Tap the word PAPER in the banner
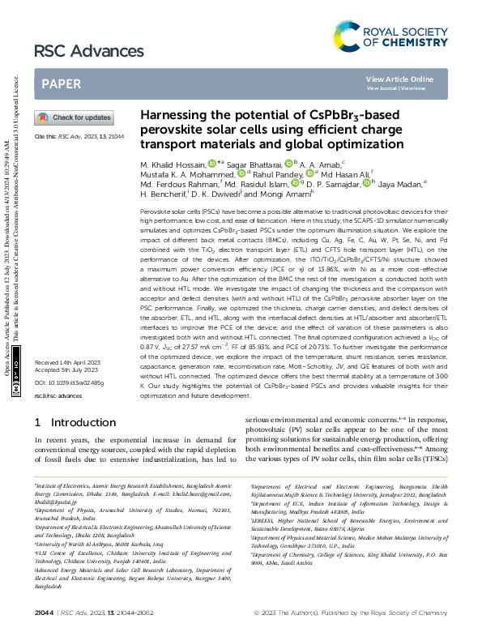click(x=61, y=83)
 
